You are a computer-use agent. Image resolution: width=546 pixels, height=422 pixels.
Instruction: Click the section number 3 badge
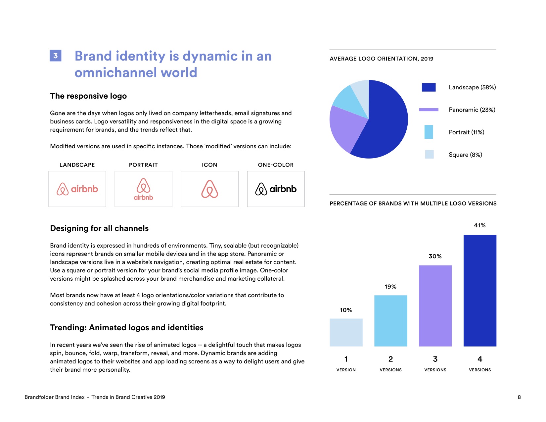pos(55,56)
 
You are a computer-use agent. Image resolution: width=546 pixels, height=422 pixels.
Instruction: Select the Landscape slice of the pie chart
pos(387,122)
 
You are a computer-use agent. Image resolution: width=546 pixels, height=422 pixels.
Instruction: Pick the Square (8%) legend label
pos(465,155)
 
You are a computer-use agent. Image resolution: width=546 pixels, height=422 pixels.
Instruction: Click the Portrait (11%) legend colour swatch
pos(429,132)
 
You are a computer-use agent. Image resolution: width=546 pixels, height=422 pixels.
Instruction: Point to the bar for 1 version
pos(346,332)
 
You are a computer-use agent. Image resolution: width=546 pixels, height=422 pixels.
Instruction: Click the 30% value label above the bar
pos(435,256)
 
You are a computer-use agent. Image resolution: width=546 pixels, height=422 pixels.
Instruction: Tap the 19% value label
pos(390,287)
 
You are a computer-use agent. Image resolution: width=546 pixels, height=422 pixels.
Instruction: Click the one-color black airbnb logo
pos(276,189)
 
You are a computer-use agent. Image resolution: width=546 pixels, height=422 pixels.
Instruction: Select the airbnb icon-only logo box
pos(209,189)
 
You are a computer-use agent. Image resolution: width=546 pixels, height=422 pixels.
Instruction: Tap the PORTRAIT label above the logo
pos(143,165)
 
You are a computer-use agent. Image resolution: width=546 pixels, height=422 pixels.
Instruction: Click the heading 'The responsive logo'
pos(88,96)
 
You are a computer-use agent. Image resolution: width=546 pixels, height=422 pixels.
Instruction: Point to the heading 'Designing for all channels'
pos(99,228)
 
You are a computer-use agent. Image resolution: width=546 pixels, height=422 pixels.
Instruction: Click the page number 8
pos(519,397)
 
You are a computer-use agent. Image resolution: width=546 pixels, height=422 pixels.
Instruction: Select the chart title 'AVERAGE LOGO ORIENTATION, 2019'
pos(382,59)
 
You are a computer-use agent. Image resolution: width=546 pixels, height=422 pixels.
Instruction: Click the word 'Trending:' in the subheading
pos(68,328)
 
